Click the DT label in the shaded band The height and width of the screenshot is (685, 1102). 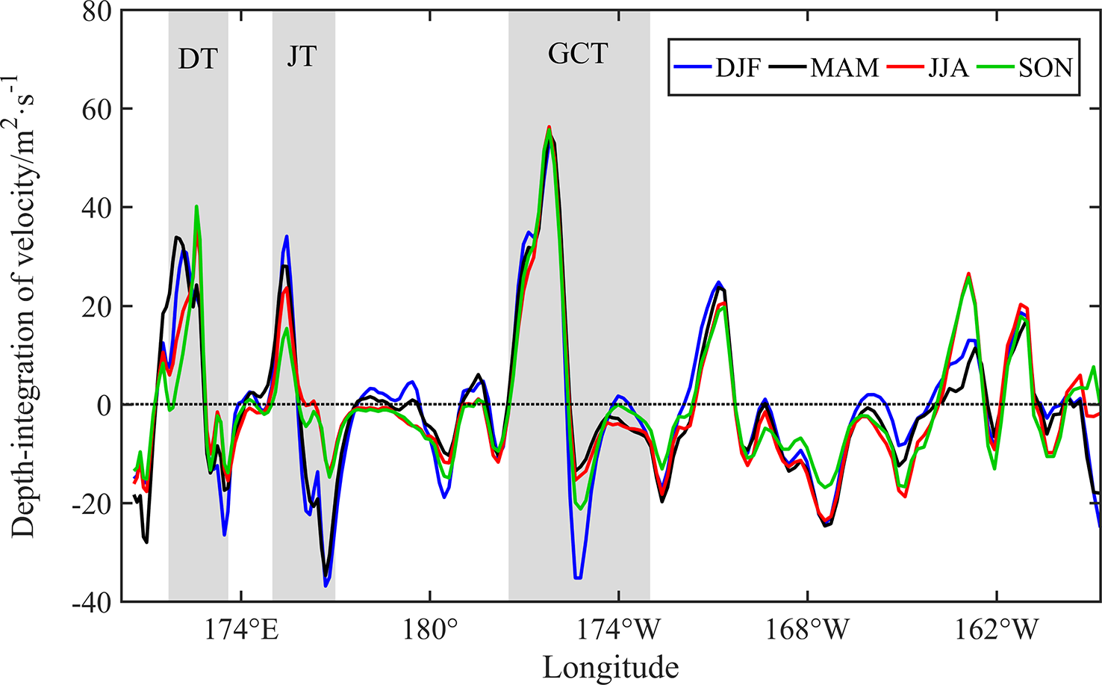198,58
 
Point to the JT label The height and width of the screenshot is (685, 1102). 302,57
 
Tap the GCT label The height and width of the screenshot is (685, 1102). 579,54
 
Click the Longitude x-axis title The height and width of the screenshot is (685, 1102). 610,666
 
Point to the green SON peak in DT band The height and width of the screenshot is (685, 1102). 196,206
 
